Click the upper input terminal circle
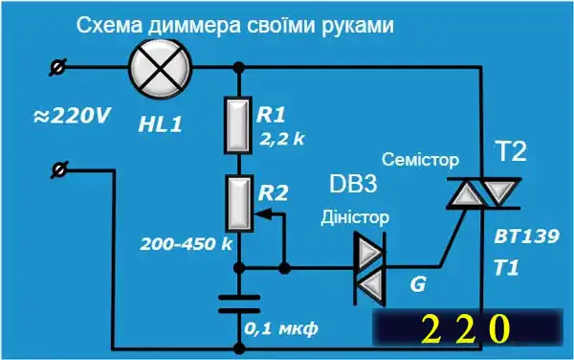tap(59, 66)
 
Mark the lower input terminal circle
tap(59, 169)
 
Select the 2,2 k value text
tap(281, 139)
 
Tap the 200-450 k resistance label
tap(186, 243)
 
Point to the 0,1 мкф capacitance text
tap(281, 328)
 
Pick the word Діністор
tap(354, 216)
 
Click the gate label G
tap(418, 284)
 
